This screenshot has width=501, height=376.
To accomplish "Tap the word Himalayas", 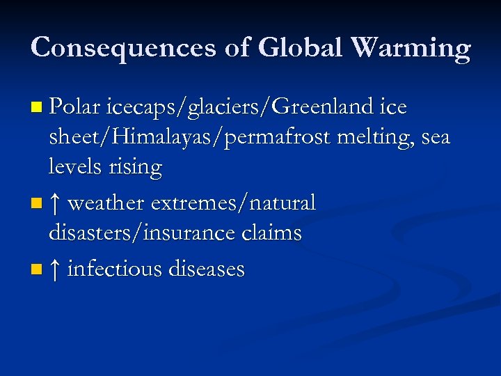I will tap(162, 137).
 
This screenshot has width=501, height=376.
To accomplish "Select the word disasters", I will tap(93, 233).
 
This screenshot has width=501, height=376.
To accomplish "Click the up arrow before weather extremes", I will tap(57, 203).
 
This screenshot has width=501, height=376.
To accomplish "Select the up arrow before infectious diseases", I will tap(57, 268).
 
